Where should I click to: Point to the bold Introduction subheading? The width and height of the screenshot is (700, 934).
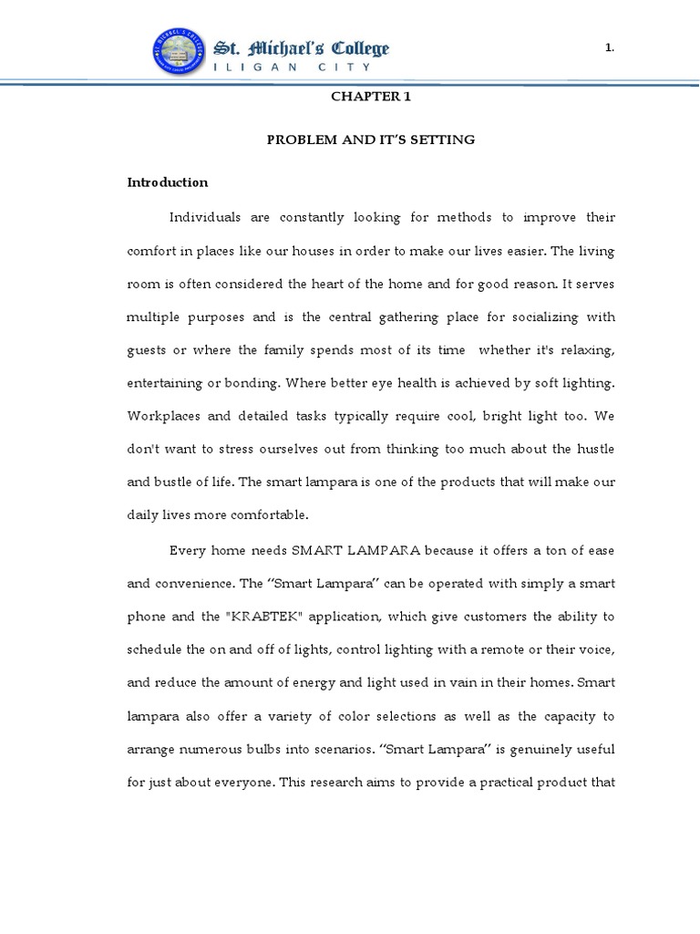(167, 182)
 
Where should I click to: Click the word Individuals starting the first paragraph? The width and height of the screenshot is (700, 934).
(205, 217)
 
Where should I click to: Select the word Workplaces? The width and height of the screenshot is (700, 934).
(160, 416)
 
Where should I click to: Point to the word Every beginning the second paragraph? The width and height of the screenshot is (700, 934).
(189, 549)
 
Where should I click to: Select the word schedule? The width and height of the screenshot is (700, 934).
(154, 649)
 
